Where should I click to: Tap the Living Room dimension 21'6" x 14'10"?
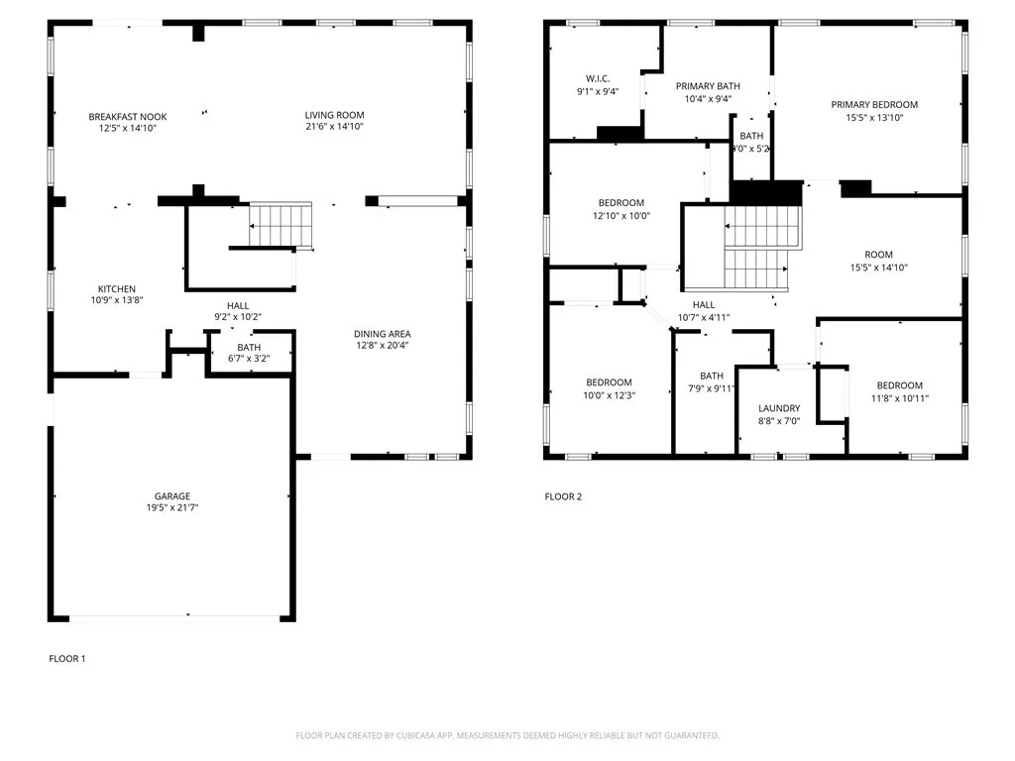(334, 128)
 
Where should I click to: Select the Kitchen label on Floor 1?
(116, 289)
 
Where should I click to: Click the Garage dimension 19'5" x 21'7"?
(171, 508)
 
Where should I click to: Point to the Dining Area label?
(383, 334)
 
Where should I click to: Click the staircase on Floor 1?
(280, 225)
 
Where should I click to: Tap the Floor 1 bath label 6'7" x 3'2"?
(249, 360)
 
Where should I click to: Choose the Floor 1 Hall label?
(238, 306)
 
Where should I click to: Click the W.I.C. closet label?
(598, 78)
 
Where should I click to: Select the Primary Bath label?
(708, 86)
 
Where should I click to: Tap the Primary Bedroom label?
(874, 104)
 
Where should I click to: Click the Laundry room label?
(779, 408)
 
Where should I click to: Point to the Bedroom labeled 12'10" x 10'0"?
(621, 203)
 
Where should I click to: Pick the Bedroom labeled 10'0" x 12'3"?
(609, 383)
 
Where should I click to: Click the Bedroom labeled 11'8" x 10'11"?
(899, 385)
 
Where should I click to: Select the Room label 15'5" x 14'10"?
(878, 255)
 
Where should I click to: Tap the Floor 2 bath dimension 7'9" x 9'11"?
(712, 388)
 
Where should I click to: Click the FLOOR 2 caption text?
(563, 496)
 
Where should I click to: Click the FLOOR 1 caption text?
(67, 658)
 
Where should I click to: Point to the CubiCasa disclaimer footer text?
(507, 735)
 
